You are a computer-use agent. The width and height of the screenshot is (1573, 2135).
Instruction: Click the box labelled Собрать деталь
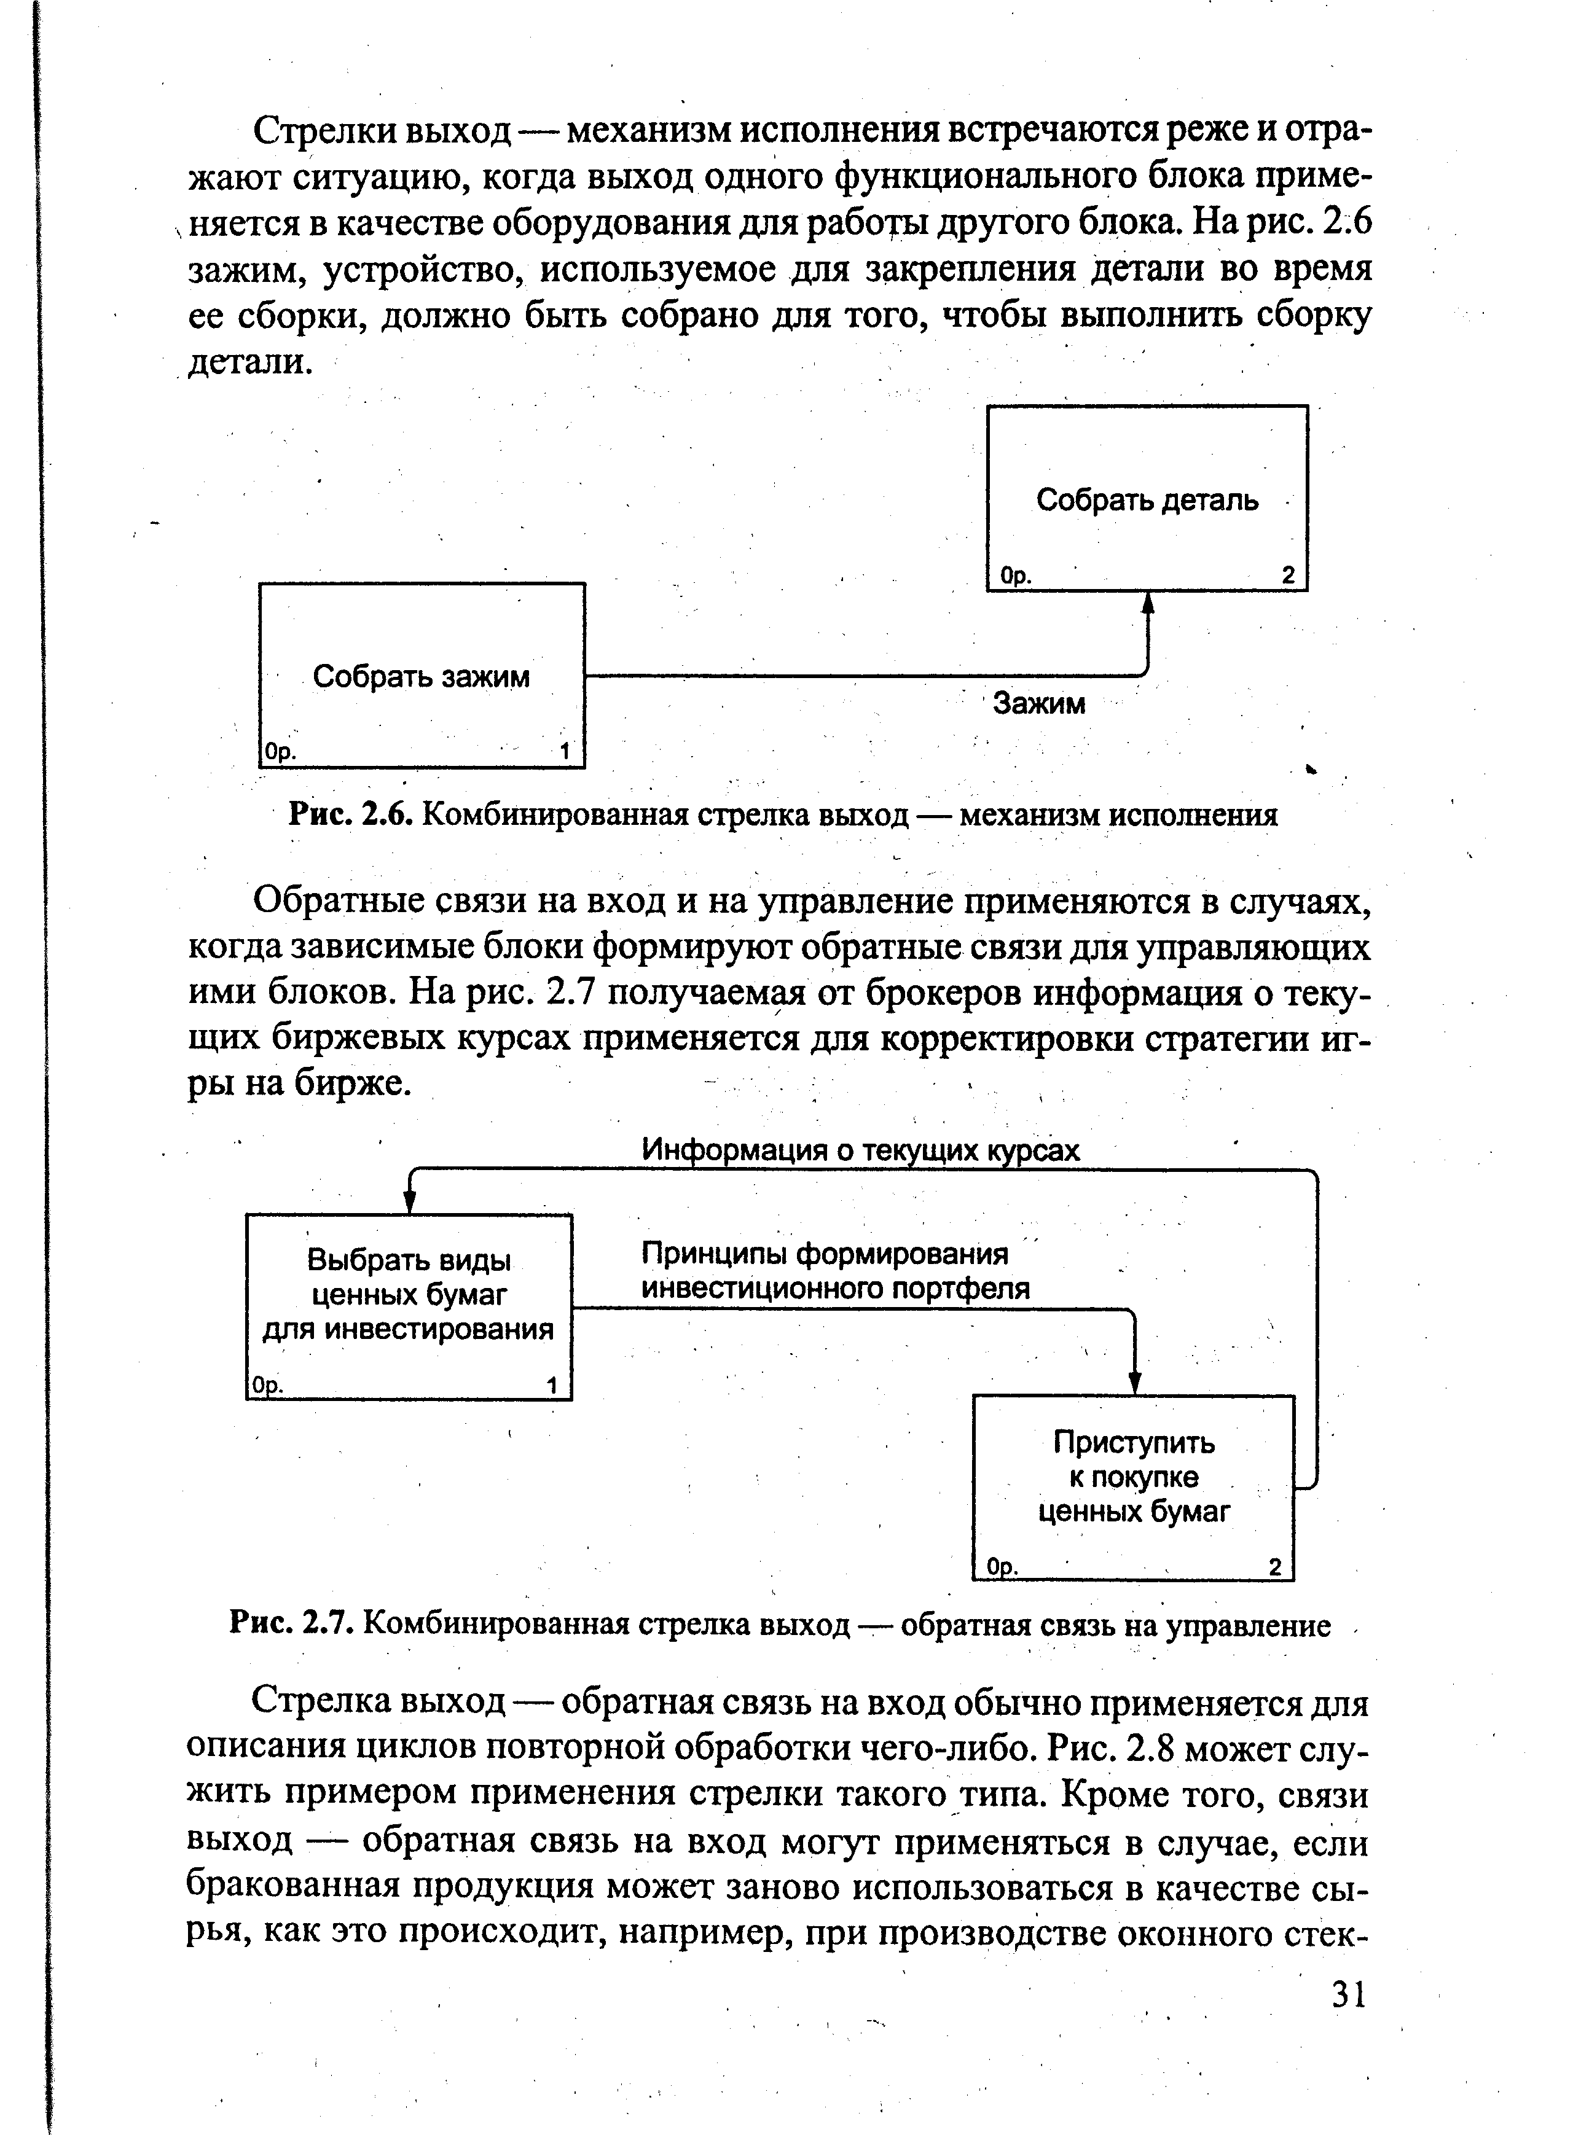coord(1147,499)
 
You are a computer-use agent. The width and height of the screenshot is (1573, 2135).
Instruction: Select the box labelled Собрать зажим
coord(422,676)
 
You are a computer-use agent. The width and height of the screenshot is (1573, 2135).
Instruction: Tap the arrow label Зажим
coord(1039,703)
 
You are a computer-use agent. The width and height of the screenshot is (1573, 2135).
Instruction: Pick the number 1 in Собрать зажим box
coord(565,752)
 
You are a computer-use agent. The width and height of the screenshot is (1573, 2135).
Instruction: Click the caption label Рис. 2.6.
coord(350,815)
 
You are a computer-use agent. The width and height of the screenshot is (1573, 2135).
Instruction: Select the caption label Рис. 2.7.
coord(293,1624)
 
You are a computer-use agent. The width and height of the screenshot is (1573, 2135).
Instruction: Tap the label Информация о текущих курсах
coord(861,1150)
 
